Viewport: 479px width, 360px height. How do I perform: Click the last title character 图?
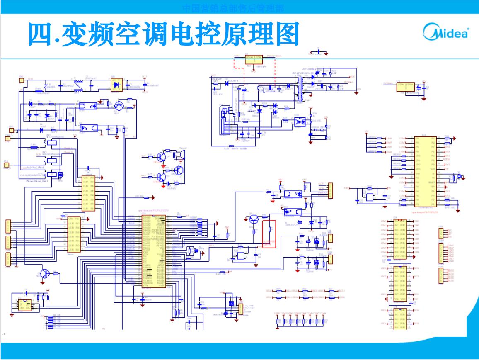coord(287,34)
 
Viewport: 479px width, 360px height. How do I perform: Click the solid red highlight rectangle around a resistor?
coord(269,234)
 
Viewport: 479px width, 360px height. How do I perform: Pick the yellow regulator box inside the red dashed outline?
coord(253,59)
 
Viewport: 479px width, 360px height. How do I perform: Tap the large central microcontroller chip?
coord(154,251)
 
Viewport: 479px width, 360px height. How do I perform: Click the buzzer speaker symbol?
coord(179,154)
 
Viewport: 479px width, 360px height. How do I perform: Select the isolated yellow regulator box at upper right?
coord(405,87)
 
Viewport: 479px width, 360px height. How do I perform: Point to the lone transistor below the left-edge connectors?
coord(45,273)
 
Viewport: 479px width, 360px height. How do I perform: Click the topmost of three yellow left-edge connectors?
coord(8,226)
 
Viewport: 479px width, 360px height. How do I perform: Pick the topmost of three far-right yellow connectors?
coord(441,233)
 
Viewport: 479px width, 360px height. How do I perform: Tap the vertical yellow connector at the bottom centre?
coord(240,309)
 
